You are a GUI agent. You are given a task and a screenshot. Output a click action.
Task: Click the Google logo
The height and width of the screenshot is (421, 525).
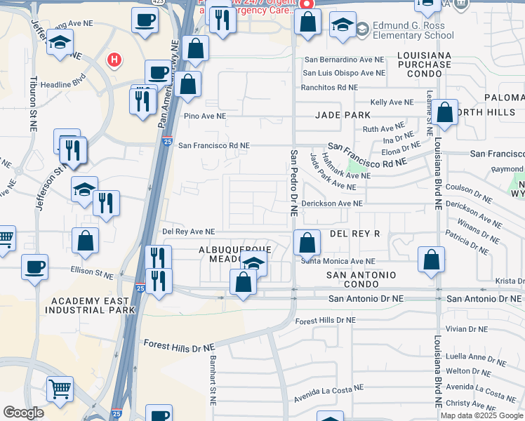[x=24, y=413]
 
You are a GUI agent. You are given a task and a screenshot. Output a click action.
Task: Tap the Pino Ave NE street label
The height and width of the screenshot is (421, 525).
[x=205, y=116]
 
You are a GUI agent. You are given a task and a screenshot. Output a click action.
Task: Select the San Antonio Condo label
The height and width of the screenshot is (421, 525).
[x=361, y=279]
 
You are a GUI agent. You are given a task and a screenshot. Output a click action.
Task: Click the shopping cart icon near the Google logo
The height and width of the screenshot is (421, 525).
[x=60, y=388]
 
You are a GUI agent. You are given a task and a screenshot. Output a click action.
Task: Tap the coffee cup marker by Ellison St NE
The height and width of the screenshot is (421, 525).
[x=34, y=267]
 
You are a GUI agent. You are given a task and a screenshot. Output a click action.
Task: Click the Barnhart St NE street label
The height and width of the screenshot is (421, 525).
[x=213, y=379]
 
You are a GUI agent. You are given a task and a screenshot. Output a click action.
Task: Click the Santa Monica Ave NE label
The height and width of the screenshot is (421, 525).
[x=338, y=261]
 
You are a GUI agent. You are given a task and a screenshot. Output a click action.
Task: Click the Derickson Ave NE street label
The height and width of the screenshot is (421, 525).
[x=332, y=203]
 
